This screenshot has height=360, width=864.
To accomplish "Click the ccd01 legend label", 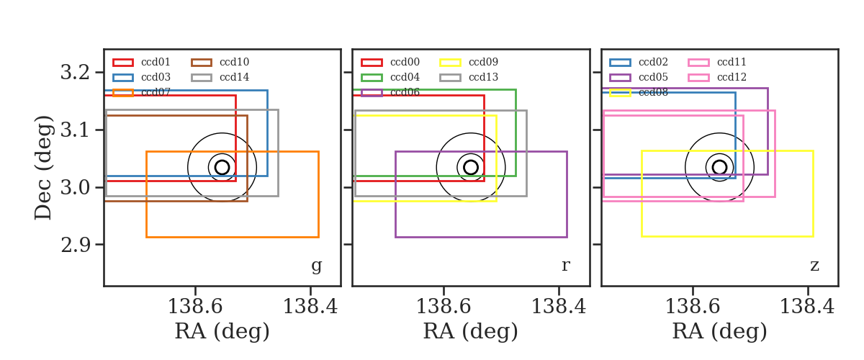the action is tap(156, 62).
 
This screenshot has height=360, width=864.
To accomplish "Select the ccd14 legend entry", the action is tap(234, 77).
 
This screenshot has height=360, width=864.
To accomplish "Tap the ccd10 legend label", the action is tap(234, 62).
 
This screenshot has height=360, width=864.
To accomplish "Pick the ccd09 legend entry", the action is tap(483, 62).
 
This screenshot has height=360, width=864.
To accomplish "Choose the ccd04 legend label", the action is tap(405, 77).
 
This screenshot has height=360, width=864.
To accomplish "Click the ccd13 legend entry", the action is tap(483, 77).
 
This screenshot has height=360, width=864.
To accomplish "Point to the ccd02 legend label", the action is tap(653, 62).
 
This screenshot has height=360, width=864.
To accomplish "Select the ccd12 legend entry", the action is tap(732, 77).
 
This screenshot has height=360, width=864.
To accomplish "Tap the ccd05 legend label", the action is tap(653, 77).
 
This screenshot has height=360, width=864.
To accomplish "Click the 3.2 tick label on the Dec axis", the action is tap(75, 72).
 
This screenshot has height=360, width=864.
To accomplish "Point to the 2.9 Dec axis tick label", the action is tap(75, 245).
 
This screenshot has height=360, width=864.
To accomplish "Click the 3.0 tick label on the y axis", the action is tap(75, 187).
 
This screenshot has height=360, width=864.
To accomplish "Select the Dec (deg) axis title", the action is tap(42, 168).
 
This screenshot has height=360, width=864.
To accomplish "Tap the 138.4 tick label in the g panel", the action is tap(310, 307).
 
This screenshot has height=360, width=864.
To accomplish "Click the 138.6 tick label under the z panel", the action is tap(693, 307).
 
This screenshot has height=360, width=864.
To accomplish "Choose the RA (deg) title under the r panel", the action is tap(471, 331).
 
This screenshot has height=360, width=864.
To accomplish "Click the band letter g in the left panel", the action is tap(316, 266).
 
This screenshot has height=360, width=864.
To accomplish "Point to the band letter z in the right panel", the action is tap(814, 266).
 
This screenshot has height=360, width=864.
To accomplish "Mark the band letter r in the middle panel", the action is tap(565, 266).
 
